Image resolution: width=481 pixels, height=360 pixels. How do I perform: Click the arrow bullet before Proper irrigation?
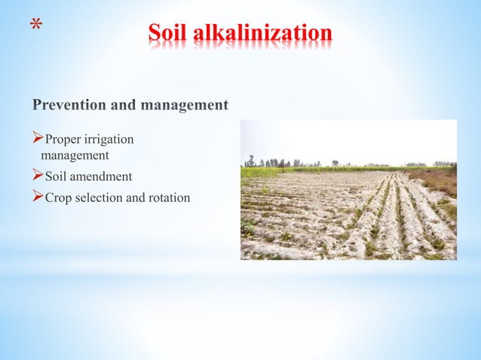point(38,139)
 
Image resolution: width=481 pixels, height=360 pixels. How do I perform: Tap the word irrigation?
point(110,140)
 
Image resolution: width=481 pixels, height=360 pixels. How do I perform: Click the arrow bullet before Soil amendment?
point(38,176)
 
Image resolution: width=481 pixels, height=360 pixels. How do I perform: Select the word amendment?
point(102,177)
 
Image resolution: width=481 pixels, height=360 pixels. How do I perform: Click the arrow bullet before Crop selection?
point(38,197)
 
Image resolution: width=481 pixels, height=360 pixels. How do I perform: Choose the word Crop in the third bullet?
point(59,198)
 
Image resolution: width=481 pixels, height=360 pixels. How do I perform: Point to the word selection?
point(100,198)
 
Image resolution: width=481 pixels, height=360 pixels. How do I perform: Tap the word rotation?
point(170,198)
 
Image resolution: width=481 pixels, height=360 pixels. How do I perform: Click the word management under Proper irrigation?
point(75,156)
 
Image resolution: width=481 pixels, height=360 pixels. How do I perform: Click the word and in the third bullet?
point(137,198)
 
